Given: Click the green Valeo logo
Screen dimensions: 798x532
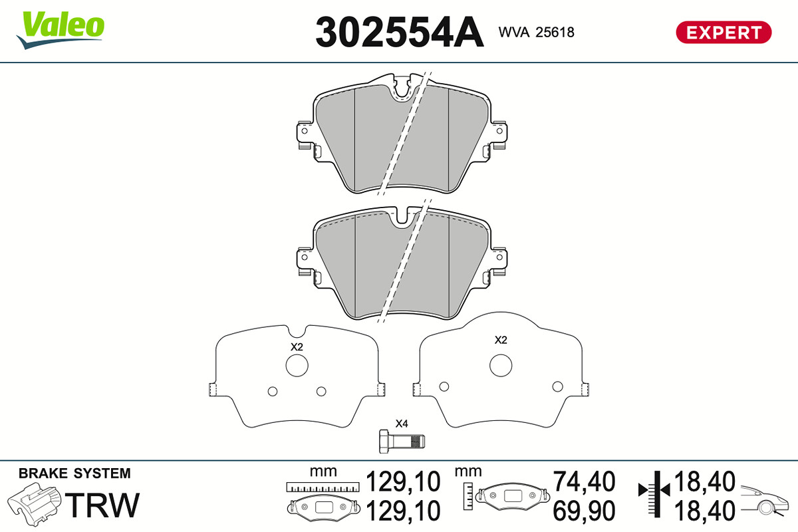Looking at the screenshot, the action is click(61, 30).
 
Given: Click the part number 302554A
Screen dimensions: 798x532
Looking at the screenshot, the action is click(400, 32).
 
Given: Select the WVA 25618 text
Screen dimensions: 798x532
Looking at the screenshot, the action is click(536, 33).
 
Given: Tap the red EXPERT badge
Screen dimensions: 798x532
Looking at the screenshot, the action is click(724, 33).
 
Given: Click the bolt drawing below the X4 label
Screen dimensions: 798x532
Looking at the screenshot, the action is click(402, 442).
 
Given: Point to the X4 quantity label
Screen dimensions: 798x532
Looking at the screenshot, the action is click(402, 424).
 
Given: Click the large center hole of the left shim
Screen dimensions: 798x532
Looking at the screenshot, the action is click(297, 366).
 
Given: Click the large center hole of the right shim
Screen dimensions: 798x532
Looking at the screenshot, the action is click(501, 366).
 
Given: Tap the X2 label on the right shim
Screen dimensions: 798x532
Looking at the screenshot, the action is click(501, 340).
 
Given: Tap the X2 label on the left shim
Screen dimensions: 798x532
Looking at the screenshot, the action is click(297, 346).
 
